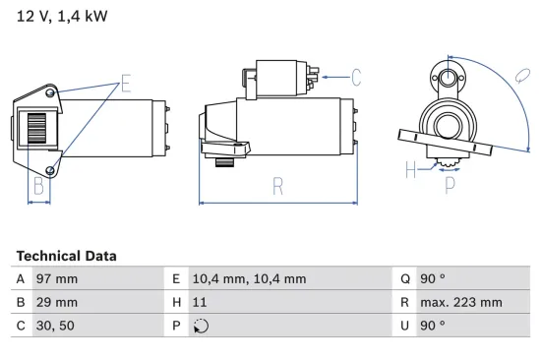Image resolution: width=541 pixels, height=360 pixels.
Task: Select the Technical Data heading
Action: [x=66, y=256]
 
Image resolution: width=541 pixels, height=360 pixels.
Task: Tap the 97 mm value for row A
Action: [x=58, y=279]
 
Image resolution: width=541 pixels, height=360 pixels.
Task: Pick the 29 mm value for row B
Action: [x=58, y=302]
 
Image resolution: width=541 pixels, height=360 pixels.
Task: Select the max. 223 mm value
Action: [x=461, y=302]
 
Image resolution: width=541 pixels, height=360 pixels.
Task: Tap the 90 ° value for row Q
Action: [x=434, y=279]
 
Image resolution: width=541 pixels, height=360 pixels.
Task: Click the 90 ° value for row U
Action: [x=434, y=326]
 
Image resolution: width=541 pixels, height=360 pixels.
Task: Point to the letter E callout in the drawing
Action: [x=125, y=83]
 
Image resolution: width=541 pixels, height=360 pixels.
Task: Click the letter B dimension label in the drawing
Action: [x=39, y=184]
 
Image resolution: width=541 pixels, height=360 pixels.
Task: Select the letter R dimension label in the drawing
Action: [x=278, y=183]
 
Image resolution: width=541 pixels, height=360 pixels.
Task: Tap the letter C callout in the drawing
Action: [x=356, y=75]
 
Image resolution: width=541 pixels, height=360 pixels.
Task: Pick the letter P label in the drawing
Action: [x=450, y=182]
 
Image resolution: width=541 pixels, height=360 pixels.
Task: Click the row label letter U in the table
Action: [x=404, y=326]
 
